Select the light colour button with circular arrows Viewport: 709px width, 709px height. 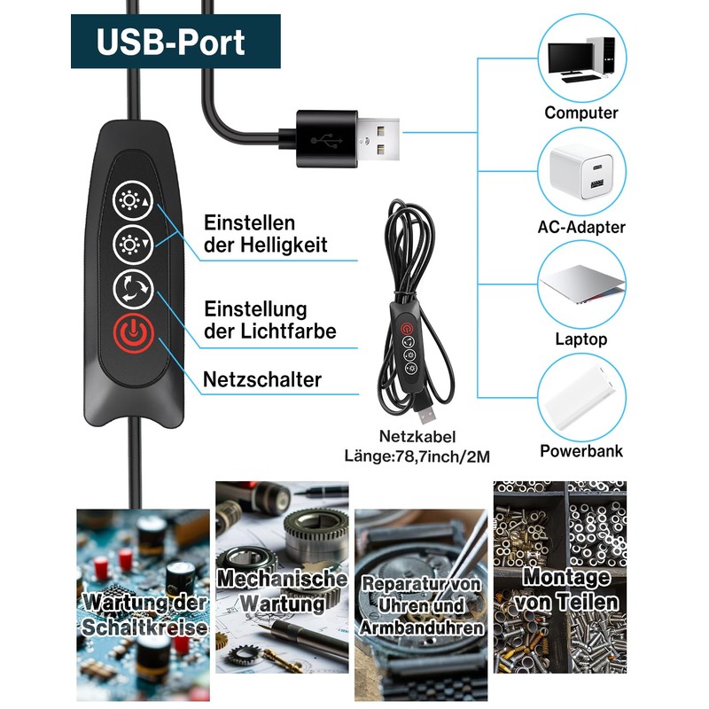coord(133,288)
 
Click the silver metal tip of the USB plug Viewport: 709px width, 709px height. coord(381,137)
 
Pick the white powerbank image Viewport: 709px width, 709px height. coord(580,399)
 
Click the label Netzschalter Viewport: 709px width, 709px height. coord(262,380)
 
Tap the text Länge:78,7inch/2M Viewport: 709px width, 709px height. coord(417,456)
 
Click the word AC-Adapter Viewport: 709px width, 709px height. coord(581,227)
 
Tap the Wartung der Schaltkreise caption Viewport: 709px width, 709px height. coord(144,615)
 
